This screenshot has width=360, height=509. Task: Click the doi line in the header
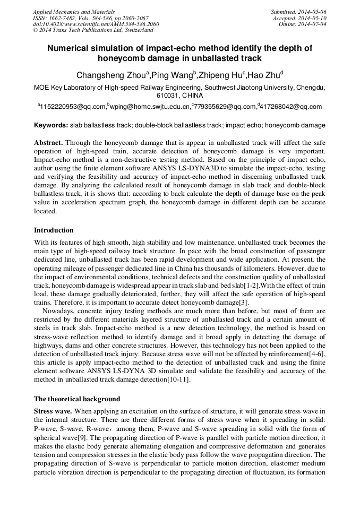(96, 24)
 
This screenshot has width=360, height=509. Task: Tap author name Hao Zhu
(265, 75)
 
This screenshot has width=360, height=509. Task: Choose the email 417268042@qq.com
(291, 107)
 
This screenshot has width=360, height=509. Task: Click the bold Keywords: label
(51, 126)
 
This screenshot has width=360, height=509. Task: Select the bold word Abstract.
(49, 143)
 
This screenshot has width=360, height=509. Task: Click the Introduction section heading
(54, 230)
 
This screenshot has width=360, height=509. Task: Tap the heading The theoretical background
(77, 399)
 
